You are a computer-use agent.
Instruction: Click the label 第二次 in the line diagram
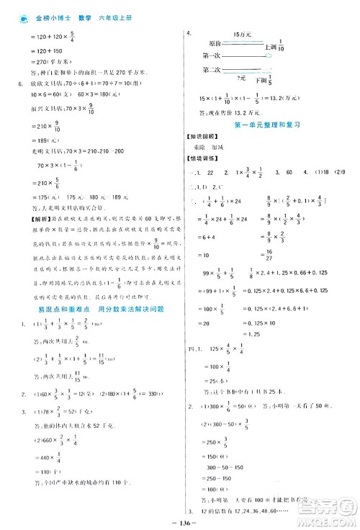211,70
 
